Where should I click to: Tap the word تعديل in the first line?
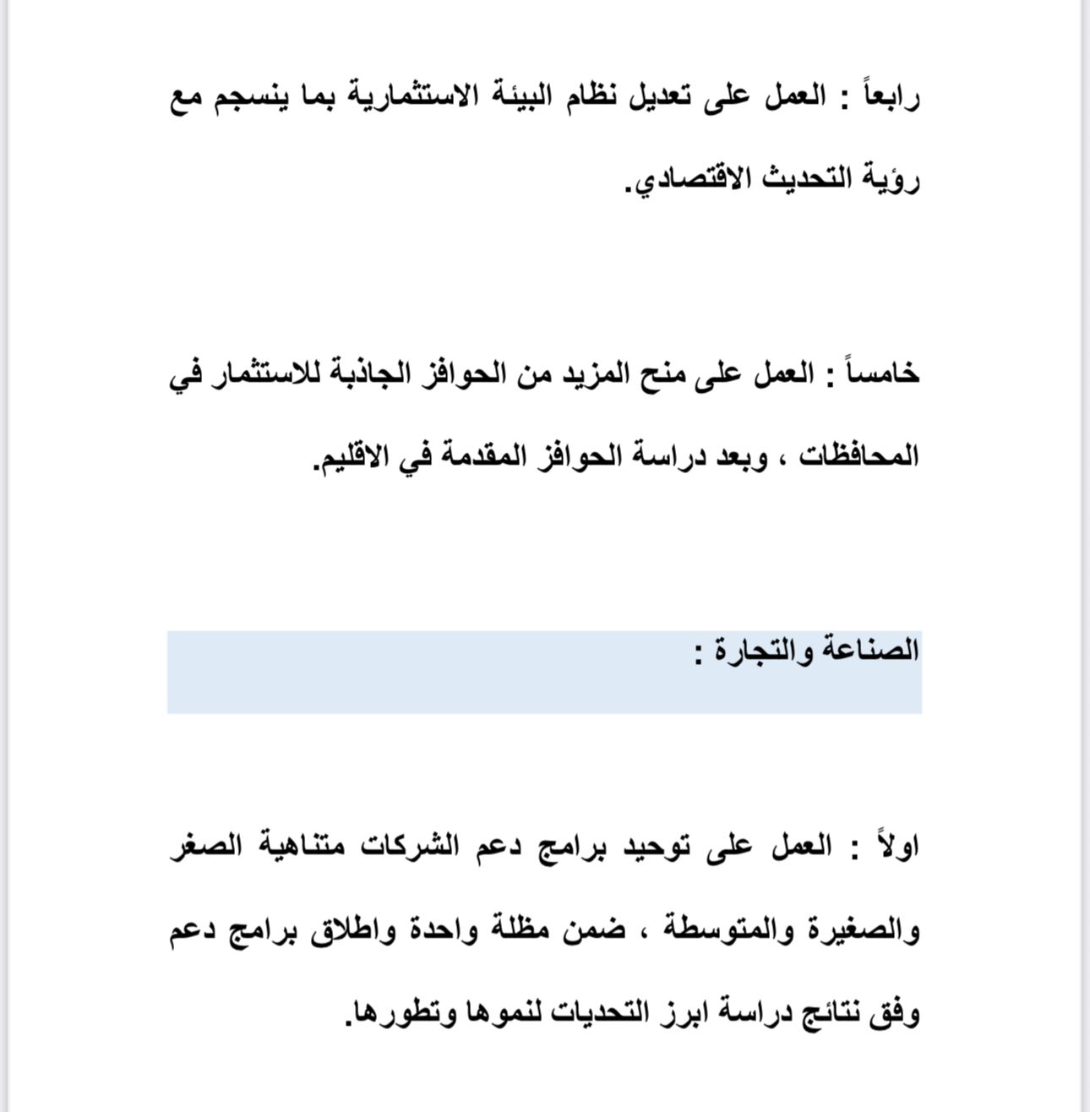coord(651,97)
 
